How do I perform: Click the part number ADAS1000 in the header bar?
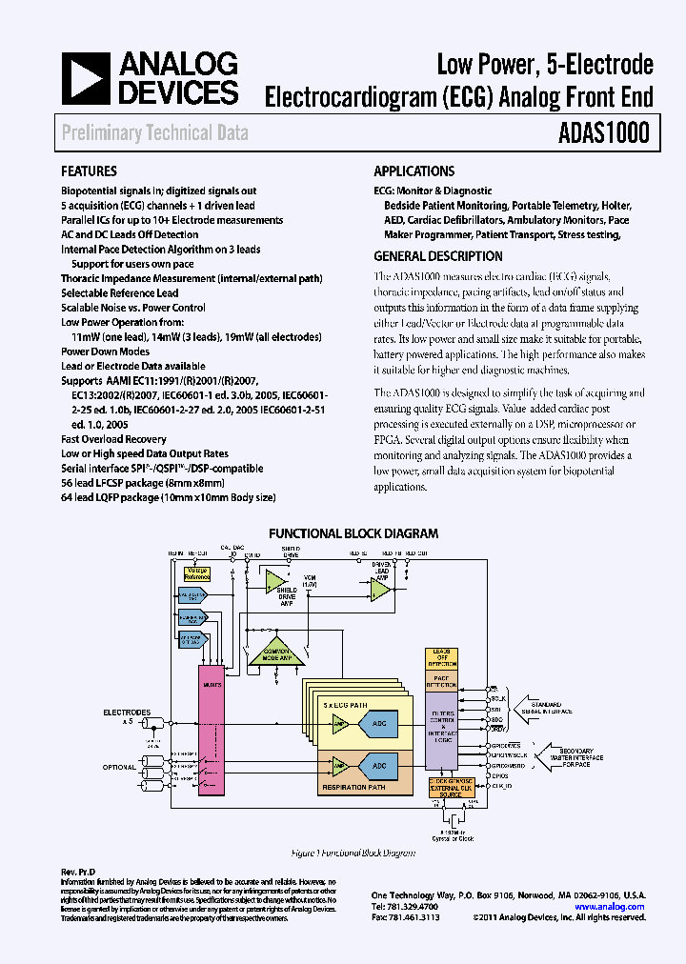(604, 132)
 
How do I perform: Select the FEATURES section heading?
(89, 171)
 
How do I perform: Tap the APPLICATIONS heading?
(414, 171)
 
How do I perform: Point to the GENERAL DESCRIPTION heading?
(438, 256)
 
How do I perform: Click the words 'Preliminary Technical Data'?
(154, 133)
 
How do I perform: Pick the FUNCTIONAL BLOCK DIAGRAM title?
(353, 533)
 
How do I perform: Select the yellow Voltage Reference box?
(195, 573)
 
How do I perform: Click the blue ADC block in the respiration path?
(380, 765)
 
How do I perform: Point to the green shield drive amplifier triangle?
(278, 582)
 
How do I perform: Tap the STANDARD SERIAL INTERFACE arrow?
(538, 708)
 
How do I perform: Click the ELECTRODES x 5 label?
(127, 716)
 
